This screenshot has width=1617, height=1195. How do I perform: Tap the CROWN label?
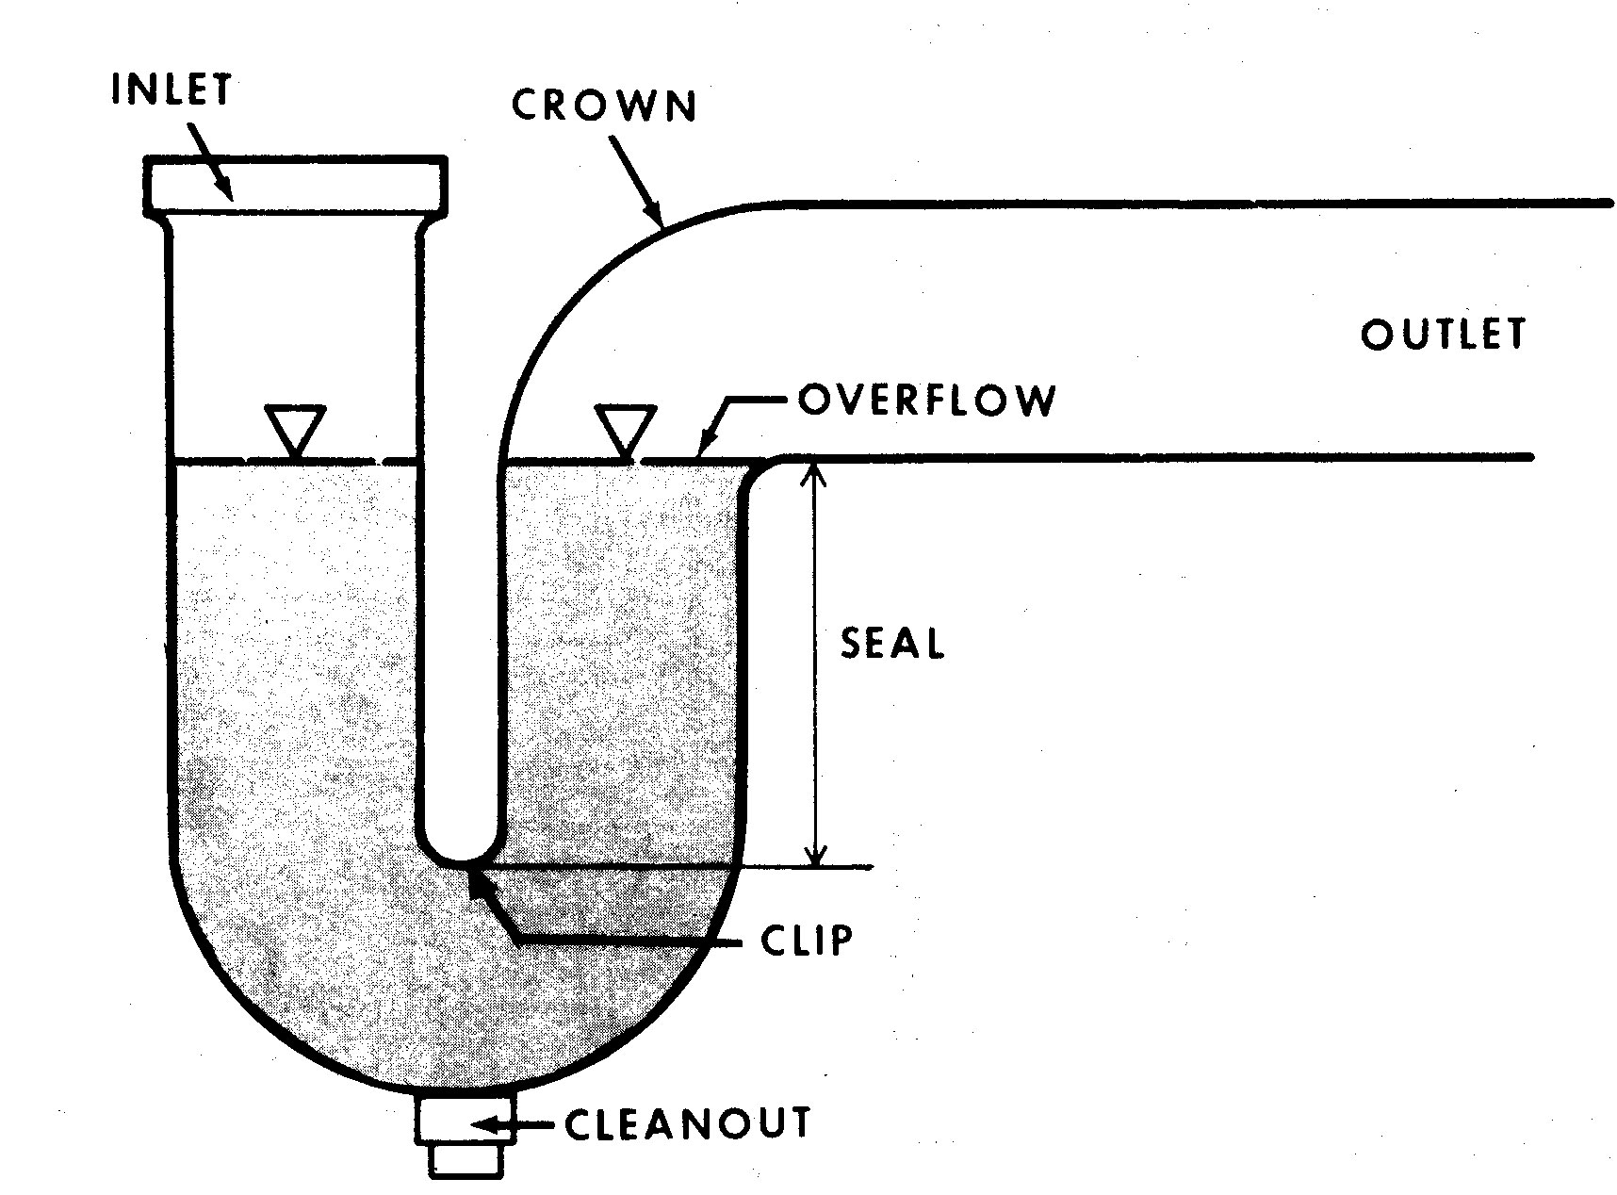click(604, 105)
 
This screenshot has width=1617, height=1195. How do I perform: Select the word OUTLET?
click(1442, 334)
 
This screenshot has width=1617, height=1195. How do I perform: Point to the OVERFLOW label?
click(926, 400)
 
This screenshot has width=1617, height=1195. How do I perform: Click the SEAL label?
click(891, 643)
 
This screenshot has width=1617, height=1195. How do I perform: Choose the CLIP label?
click(806, 940)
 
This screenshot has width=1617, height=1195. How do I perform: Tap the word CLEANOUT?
click(687, 1122)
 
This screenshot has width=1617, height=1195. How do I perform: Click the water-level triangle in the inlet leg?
click(295, 432)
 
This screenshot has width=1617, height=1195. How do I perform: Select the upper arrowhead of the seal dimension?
click(816, 473)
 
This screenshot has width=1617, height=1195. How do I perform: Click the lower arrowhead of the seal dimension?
click(816, 852)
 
